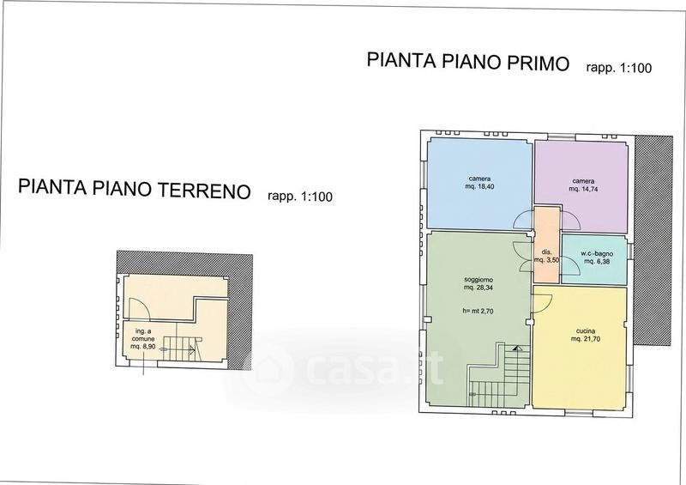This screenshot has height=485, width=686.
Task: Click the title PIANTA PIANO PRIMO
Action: (x=468, y=61)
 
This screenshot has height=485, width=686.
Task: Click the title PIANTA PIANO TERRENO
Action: (x=135, y=188)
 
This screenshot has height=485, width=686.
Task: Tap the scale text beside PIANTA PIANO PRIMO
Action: (x=618, y=68)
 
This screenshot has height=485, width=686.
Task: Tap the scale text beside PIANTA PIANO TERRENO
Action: (x=299, y=196)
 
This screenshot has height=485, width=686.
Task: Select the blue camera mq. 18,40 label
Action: (x=479, y=183)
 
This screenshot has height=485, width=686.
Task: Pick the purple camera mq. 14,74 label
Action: (x=583, y=185)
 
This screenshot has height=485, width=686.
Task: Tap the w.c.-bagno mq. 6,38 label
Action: (x=597, y=258)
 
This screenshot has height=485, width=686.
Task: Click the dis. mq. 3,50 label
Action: (x=546, y=256)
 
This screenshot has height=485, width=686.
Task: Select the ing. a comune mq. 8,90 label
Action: (x=142, y=339)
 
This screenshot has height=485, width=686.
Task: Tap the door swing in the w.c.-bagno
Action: (x=570, y=266)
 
